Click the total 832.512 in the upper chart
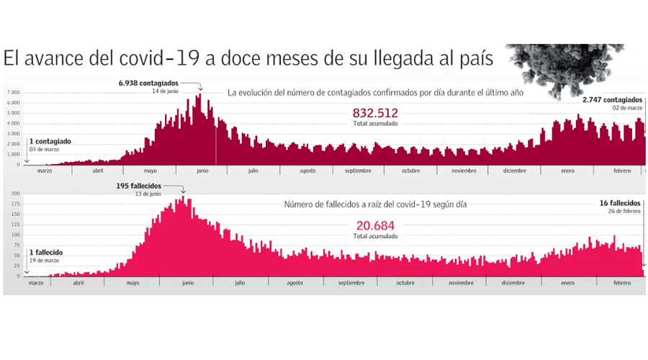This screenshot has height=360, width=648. (375, 113)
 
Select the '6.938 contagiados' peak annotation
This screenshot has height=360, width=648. (148, 84)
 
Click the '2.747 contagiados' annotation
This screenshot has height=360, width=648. (612, 99)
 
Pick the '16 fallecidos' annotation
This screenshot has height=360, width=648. (621, 204)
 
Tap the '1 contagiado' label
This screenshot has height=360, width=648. (50, 141)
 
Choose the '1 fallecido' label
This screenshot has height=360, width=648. (45, 252)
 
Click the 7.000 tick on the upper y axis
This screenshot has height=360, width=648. (14, 93)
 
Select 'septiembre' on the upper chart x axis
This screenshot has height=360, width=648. (358, 171)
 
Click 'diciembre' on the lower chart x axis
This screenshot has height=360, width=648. (513, 283)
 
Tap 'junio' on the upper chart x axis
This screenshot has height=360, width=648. (202, 171)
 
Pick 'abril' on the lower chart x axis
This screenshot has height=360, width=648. (78, 283)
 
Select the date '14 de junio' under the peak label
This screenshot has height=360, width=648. (166, 91)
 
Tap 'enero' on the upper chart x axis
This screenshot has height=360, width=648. (567, 171)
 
